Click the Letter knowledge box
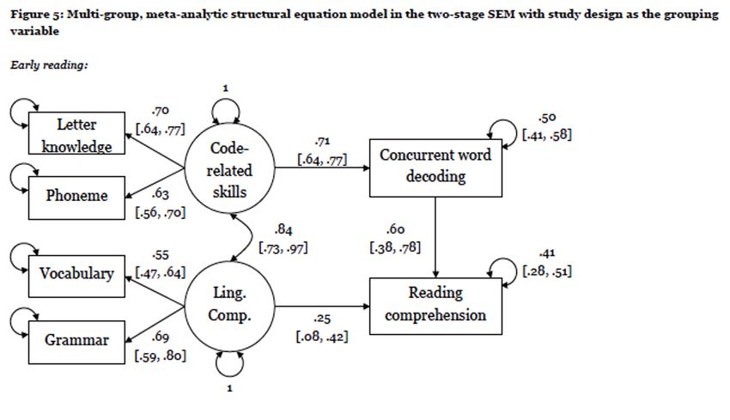[76, 135]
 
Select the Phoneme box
[76, 195]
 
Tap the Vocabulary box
[76, 273]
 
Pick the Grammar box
[76, 339]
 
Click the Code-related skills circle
[230, 170]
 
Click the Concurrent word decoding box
[435, 166]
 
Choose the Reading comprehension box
[435, 304]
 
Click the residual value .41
[546, 254]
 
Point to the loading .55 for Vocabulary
[160, 256]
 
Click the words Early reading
[49, 65]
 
